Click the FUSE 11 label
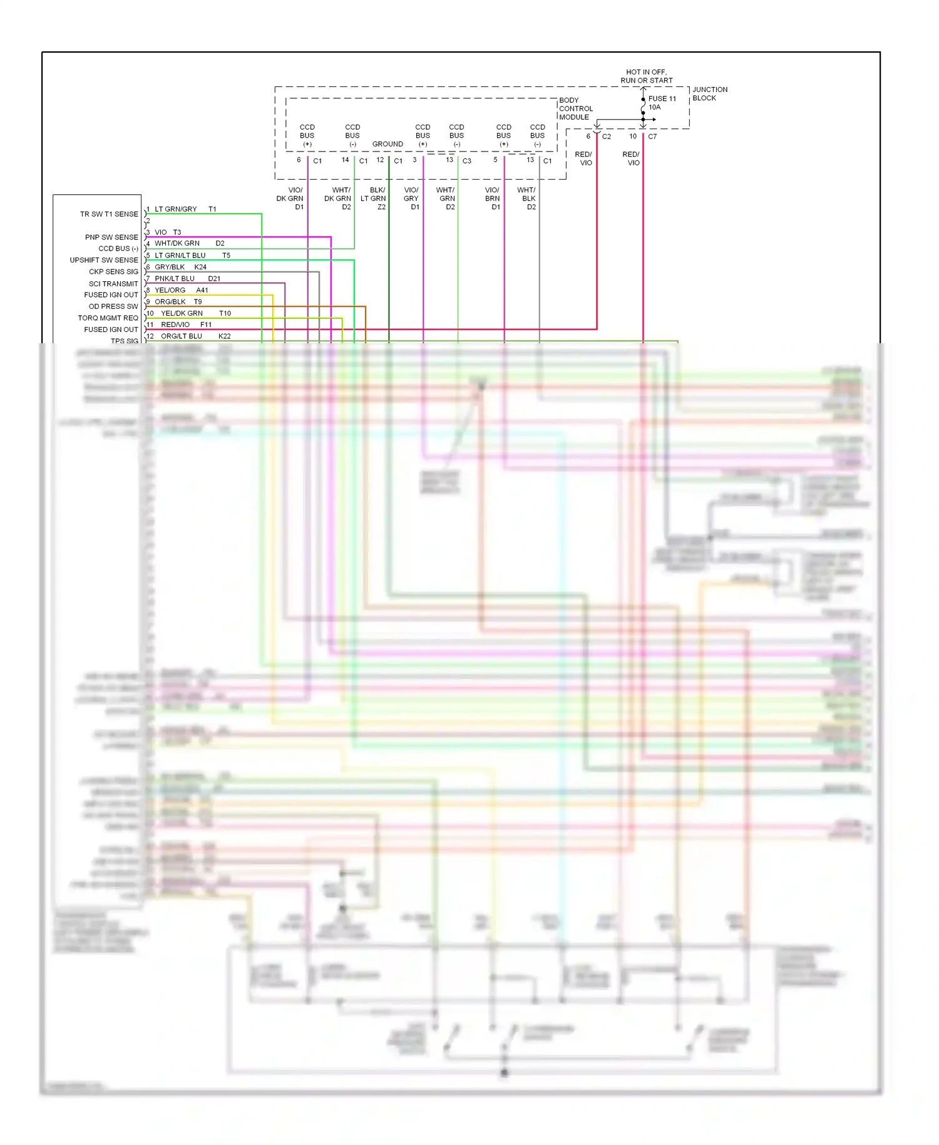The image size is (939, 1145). tap(662, 99)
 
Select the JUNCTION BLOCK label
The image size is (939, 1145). tap(709, 94)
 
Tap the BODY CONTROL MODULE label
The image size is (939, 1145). tap(575, 108)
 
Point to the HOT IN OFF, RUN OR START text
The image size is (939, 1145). tap(646, 76)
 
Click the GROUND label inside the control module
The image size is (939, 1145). tap(387, 144)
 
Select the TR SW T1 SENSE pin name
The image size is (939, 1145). tap(109, 214)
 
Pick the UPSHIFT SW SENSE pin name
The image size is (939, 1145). tap(104, 260)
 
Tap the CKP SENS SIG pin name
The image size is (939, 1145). tap(113, 272)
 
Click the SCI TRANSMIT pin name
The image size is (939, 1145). tap(113, 284)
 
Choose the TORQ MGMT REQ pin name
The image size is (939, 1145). tap(108, 318)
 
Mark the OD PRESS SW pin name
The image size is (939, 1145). tap(113, 306)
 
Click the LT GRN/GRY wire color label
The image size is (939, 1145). tap(175, 209)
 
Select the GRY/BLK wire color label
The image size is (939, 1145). tap(170, 267)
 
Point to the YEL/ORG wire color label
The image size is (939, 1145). tap(170, 290)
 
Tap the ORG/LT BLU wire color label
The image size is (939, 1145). tap(181, 336)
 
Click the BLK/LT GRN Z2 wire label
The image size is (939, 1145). tap(374, 199)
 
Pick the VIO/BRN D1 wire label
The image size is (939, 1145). tap(493, 199)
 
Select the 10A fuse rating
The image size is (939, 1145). tap(654, 107)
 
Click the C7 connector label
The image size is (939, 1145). tap(652, 137)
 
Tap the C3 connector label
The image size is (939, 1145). tap(466, 161)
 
